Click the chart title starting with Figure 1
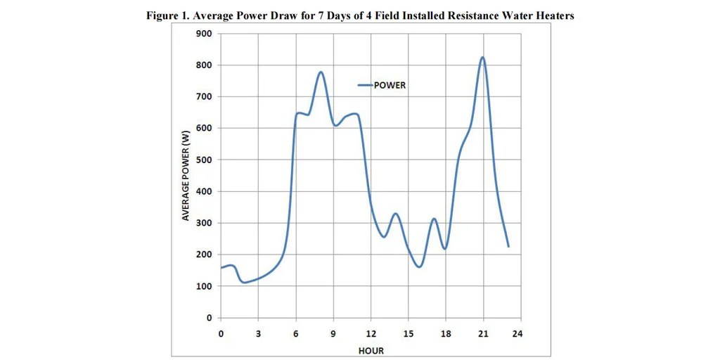tap(360, 16)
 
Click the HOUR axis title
tap(371, 349)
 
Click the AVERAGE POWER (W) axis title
tap(186, 176)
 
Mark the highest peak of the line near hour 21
tap(482, 57)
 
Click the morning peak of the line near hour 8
tap(321, 72)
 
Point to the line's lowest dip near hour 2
tap(244, 282)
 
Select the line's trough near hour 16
tap(419, 266)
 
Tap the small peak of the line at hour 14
tap(396, 213)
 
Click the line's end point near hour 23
tap(508, 247)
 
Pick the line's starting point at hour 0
tap(221, 268)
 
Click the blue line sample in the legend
tap(364, 85)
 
